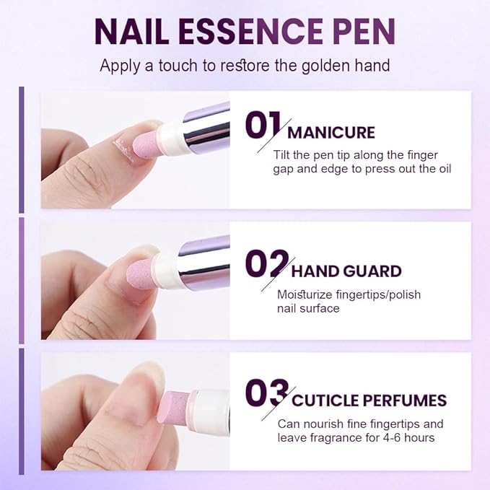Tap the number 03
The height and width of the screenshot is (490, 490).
pos(266,393)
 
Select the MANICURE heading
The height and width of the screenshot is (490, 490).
pos(331,133)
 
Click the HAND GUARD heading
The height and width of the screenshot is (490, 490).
pos(346,272)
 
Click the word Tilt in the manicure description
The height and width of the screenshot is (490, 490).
pos(283,155)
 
